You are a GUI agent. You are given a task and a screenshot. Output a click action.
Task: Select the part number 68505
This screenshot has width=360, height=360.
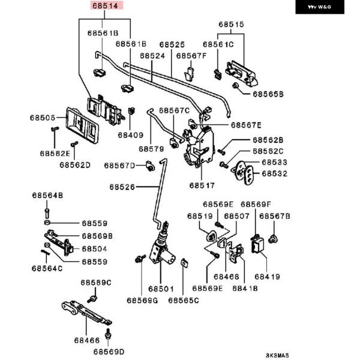pyautogui.click(x=43, y=118)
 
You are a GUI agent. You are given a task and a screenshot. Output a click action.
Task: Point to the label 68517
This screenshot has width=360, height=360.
pyautogui.click(x=202, y=185)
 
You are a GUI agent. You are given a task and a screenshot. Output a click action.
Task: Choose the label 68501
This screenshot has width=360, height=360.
pyautogui.click(x=161, y=289)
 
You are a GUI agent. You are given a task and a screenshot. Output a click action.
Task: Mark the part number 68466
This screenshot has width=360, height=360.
pyautogui.click(x=86, y=340)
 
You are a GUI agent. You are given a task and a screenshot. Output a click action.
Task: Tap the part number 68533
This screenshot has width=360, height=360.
pyautogui.click(x=274, y=163)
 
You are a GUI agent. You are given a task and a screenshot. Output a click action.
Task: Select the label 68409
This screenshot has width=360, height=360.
pyautogui.click(x=130, y=135)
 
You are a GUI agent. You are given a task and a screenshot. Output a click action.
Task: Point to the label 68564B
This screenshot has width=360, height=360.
pyautogui.click(x=47, y=195)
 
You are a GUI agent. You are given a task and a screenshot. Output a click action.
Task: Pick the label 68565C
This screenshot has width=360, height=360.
pyautogui.click(x=183, y=300)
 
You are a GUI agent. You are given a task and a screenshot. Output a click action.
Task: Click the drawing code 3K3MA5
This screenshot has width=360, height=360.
pyautogui.click(x=277, y=355)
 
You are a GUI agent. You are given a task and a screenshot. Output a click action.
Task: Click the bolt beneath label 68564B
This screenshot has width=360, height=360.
pyautogui.click(x=47, y=211)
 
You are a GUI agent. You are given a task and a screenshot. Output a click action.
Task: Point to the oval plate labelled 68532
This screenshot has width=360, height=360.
pyautogui.click(x=246, y=173)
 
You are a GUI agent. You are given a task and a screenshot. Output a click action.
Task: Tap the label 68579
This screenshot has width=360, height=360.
pyautogui.click(x=151, y=148)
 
